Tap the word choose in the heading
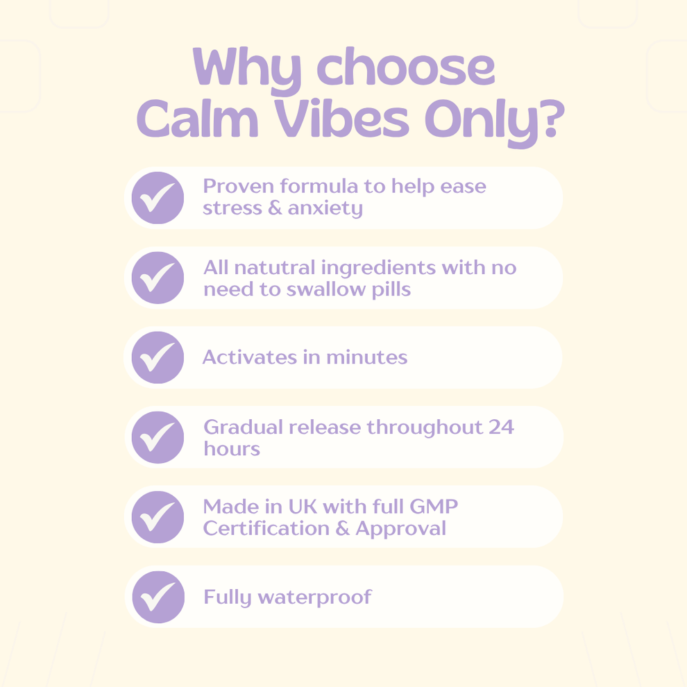pos(406,67)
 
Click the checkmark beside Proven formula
pos(158,198)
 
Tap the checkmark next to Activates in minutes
pos(158,357)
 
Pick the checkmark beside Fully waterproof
pos(158,597)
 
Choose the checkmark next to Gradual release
pos(158,437)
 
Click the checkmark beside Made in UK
pos(158,517)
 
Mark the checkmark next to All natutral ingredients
pos(158,278)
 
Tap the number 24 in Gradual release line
pos(500,427)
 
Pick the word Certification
pos(264,528)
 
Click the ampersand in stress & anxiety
pos(274,208)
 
